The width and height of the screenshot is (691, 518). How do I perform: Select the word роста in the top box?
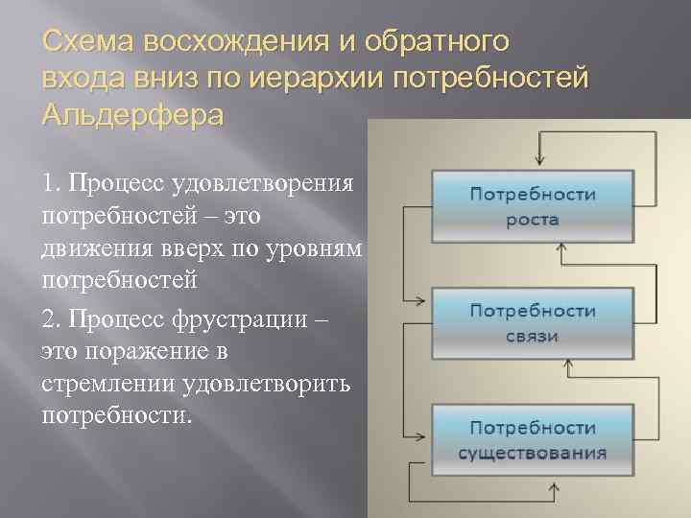click(x=533, y=219)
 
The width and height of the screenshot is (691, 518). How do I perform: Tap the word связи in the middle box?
click(x=533, y=336)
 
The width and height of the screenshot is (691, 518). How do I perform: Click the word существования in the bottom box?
click(x=533, y=452)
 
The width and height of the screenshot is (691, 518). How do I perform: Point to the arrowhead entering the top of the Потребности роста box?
click(x=541, y=164)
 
